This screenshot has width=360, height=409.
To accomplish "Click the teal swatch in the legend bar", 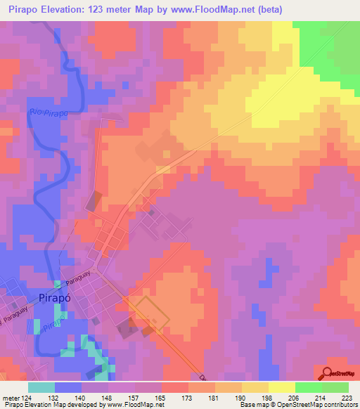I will (x=41, y=387).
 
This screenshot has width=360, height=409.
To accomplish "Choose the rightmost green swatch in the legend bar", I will (x=335, y=387).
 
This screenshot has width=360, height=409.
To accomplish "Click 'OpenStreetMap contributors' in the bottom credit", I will (x=321, y=405).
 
